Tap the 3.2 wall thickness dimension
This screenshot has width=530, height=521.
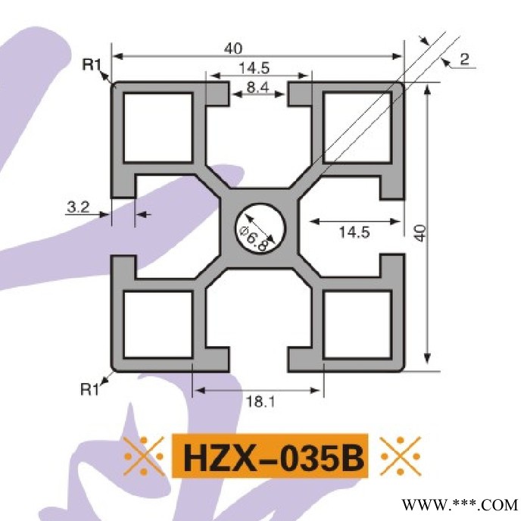coord(78,204)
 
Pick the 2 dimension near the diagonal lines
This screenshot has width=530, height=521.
coord(464,59)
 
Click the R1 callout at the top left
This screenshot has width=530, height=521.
coord(92,66)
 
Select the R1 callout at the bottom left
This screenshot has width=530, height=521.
coord(91,390)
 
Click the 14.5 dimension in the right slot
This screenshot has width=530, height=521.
coord(354,232)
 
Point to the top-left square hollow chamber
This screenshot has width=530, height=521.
coord(157,126)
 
